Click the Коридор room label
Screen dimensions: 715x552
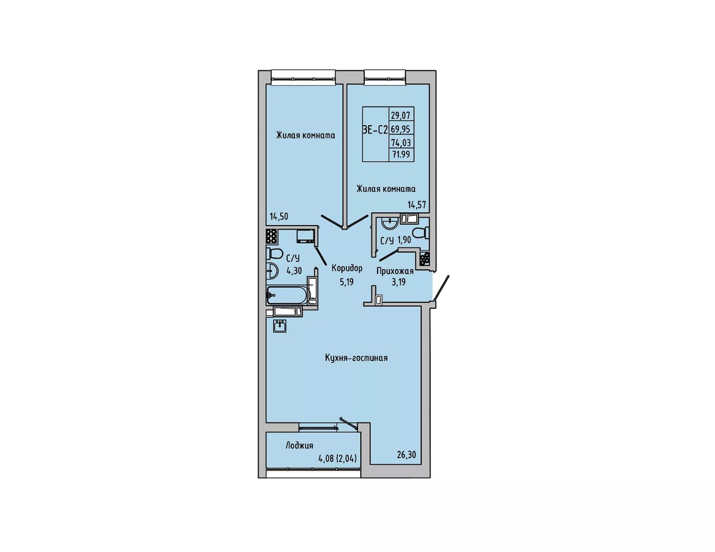click(347, 268)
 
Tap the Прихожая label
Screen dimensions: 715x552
click(395, 271)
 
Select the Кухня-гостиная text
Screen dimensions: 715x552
click(356, 358)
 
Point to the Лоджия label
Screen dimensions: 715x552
click(299, 445)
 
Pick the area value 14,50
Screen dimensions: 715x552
click(279, 216)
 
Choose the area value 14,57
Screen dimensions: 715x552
click(417, 204)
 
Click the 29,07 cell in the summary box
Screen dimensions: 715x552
click(401, 116)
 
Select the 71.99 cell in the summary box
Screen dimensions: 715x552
click(401, 154)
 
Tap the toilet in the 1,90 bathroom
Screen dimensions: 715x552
click(422, 232)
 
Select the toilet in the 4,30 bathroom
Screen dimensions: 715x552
click(275, 253)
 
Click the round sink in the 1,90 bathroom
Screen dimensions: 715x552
click(390, 224)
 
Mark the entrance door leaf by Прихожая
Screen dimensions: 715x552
click(441, 288)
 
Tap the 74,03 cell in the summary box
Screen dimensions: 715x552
click(401, 142)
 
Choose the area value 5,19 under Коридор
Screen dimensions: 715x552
click(347, 282)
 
